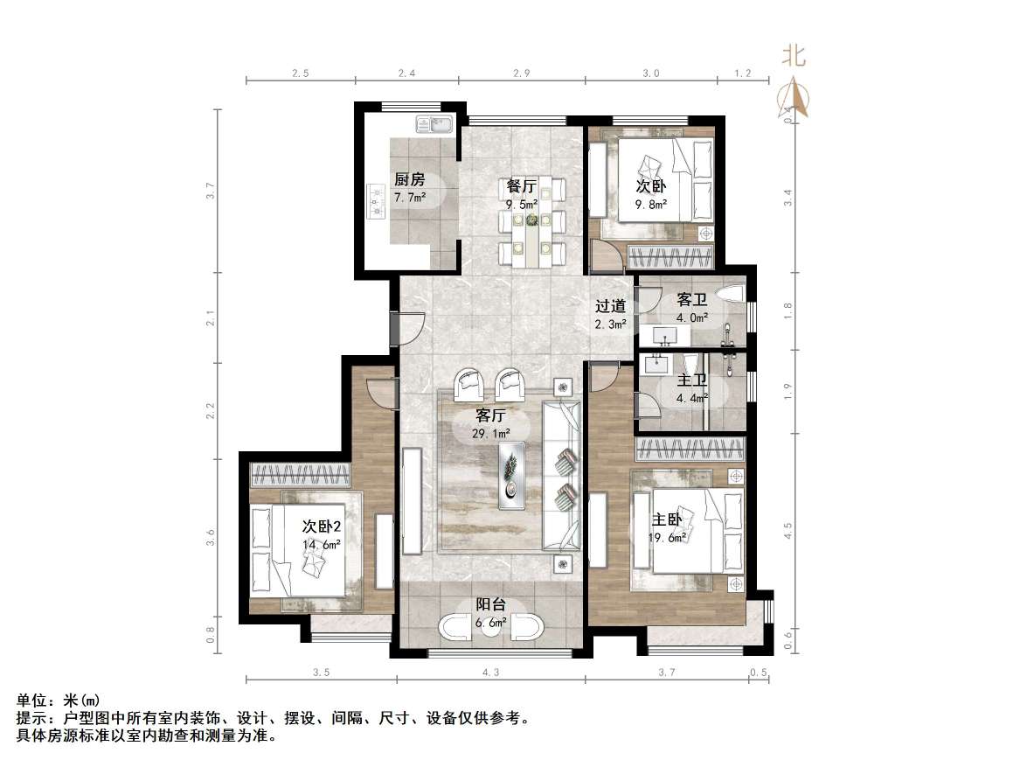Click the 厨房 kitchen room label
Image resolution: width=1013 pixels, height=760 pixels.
(409, 179)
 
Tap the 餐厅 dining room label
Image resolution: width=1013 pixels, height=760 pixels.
(521, 186)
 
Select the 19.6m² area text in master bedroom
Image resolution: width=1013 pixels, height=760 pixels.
(668, 537)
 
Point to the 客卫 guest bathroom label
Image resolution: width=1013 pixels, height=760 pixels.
(691, 300)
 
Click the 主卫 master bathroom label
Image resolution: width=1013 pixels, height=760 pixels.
(691, 380)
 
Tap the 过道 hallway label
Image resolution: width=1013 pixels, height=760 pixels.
(610, 306)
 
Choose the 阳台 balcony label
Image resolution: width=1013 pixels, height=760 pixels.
(489, 604)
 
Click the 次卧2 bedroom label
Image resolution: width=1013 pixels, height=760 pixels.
(321, 526)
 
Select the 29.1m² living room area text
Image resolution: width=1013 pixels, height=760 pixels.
(492, 432)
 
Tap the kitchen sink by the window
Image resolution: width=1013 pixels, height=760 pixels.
(434, 124)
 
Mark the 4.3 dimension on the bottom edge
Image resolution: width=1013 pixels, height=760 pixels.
(490, 673)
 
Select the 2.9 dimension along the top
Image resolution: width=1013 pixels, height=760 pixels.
(522, 73)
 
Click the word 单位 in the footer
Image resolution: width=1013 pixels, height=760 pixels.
(31, 701)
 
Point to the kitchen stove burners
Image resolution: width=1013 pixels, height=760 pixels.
(377, 199)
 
